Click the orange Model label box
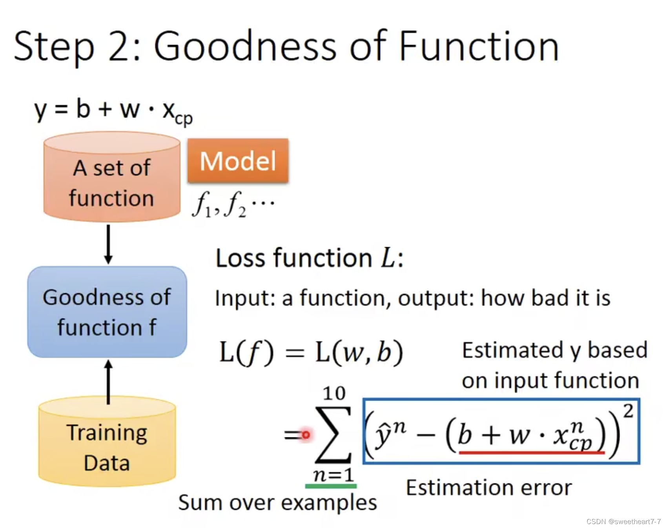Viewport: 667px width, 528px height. click(238, 160)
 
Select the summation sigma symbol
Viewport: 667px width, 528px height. click(333, 435)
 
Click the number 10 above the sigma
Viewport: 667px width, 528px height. click(334, 393)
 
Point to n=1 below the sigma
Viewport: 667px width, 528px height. click(333, 475)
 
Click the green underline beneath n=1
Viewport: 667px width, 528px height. click(331, 486)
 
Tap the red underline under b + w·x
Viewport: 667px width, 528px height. click(532, 453)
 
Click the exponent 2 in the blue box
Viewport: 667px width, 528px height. click(629, 411)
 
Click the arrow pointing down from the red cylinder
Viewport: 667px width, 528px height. click(108, 244)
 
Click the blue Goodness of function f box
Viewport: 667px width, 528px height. click(107, 312)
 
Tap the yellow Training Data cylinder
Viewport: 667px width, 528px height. click(107, 441)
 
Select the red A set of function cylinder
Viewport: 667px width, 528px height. click(112, 177)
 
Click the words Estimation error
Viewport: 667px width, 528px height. click(488, 488)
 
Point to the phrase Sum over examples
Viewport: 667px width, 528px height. click(277, 503)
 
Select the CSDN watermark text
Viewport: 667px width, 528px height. click(624, 521)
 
